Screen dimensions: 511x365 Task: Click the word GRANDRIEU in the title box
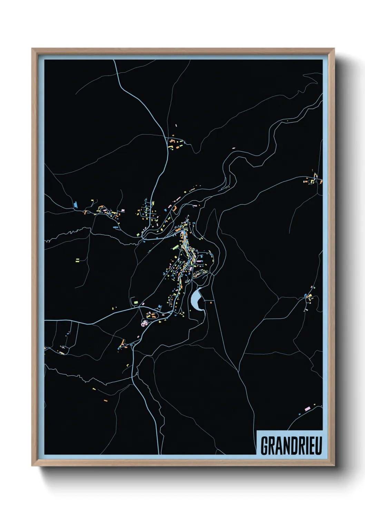click(291, 445)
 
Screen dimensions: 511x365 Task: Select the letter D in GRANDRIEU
click(290, 445)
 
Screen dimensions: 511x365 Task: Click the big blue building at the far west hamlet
click(75, 205)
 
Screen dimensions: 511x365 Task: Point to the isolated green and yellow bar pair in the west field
click(77, 260)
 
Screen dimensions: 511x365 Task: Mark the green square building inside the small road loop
click(136, 302)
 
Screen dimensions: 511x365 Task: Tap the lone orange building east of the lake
click(211, 302)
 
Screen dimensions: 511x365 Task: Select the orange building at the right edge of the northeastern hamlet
click(321, 181)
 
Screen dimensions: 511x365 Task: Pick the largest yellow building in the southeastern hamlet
click(309, 296)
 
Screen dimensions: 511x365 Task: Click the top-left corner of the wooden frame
click(32, 49)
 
